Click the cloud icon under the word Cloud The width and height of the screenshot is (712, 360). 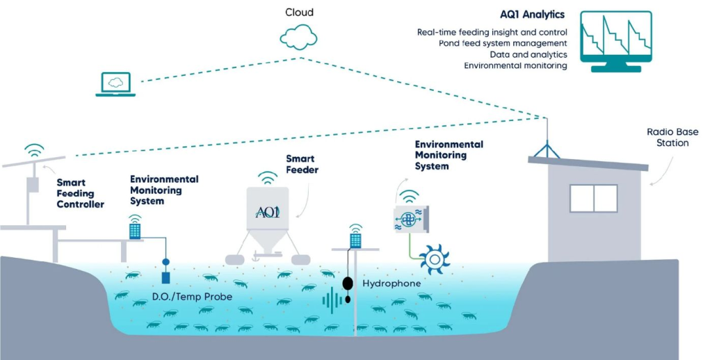coord(298,38)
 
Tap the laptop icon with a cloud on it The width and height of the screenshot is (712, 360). coord(115,84)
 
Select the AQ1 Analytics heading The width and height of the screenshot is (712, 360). coord(532,15)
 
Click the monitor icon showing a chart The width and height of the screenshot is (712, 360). coord(616,41)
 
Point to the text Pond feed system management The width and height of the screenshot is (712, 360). coord(503,44)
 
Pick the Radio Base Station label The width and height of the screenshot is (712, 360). coord(672,138)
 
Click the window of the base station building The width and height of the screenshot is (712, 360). coord(594,198)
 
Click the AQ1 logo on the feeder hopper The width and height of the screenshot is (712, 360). coord(268,212)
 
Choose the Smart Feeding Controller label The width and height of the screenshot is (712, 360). coord(81,193)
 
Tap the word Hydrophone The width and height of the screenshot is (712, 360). coord(391,284)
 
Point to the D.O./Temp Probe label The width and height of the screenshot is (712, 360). coord(192,297)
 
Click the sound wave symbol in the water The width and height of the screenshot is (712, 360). coord(332,300)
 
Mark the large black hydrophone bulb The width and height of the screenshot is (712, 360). coord(348,284)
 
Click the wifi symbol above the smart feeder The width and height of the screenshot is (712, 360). coord(268,177)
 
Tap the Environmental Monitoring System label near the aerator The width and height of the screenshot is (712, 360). coord(448,155)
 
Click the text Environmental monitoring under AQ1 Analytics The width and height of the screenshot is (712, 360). coord(515,66)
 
